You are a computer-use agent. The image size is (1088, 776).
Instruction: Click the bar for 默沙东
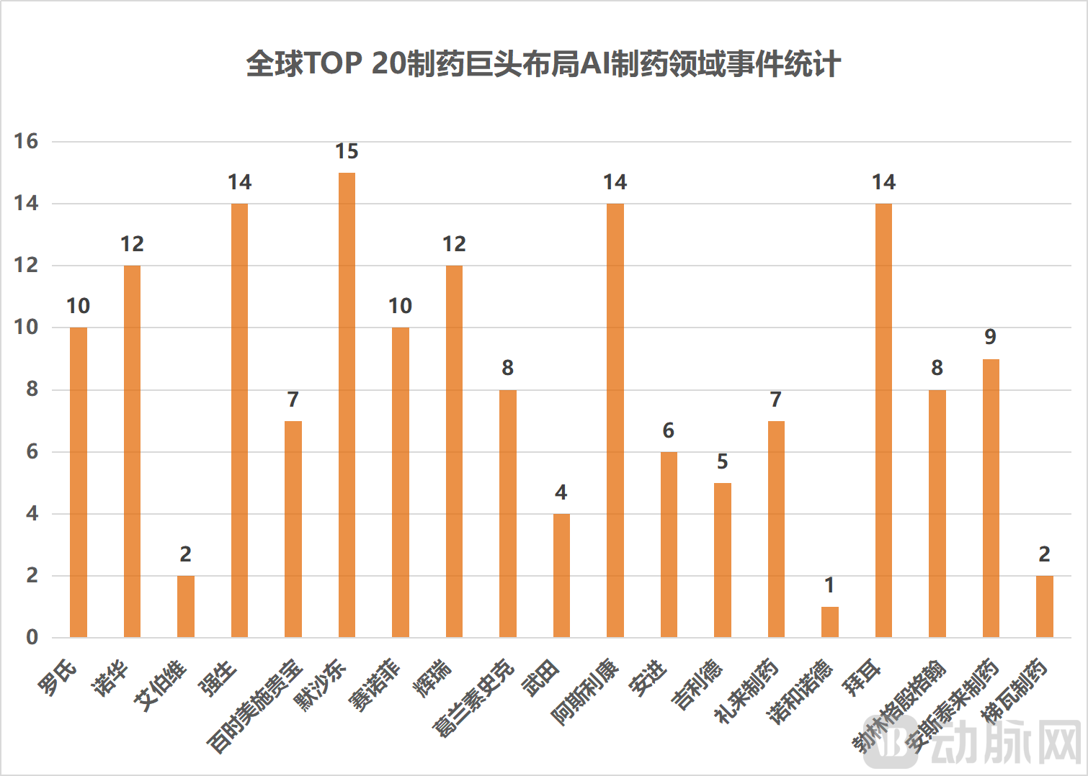[347, 405]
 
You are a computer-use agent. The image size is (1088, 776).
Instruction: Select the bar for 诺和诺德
[829, 622]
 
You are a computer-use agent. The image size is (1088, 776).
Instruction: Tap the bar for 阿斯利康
[615, 420]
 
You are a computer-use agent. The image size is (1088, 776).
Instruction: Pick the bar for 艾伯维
[186, 606]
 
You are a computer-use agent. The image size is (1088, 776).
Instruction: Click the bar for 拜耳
[883, 420]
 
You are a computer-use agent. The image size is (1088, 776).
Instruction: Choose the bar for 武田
[561, 575]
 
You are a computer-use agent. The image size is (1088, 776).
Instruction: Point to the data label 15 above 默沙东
[347, 152]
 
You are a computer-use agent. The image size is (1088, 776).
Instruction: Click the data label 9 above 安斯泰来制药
[990, 337]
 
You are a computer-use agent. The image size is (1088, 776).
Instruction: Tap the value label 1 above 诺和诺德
[829, 585]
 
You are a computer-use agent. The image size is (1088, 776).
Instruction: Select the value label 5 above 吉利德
[722, 461]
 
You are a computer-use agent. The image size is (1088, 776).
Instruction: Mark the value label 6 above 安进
[669, 430]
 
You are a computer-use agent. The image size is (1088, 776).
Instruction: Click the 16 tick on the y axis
[27, 141]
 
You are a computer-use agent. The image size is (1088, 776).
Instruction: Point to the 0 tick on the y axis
[32, 637]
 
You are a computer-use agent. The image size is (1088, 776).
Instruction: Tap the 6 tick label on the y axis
[32, 452]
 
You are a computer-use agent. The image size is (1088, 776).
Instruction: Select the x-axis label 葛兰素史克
[473, 698]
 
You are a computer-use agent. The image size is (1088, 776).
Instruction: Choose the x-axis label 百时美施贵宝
[255, 705]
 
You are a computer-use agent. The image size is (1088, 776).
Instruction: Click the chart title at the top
[543, 63]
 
